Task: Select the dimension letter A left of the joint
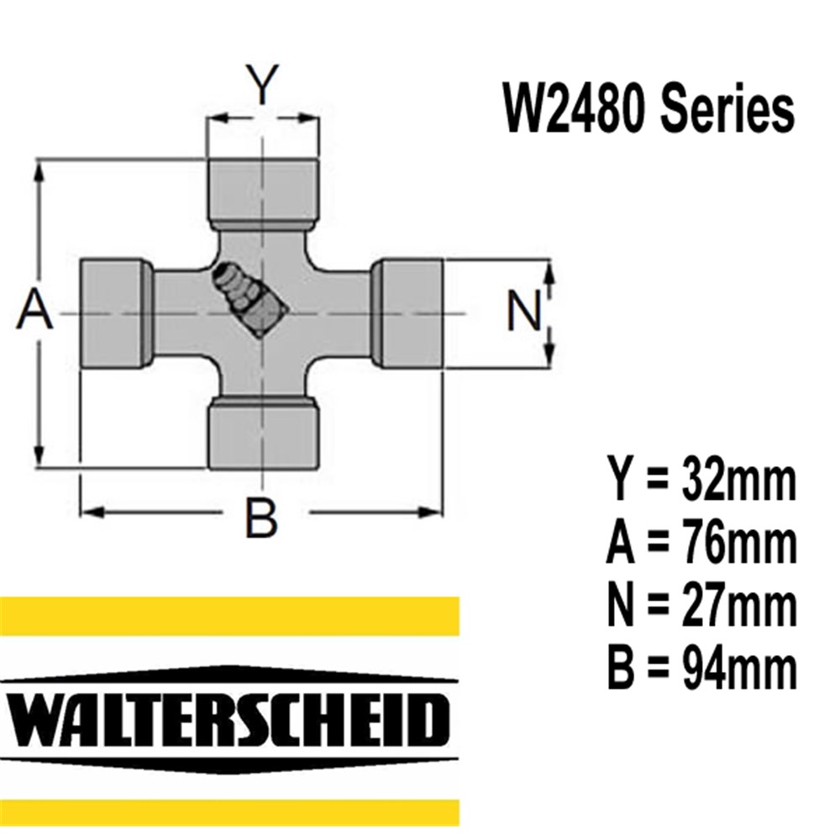coord(35,310)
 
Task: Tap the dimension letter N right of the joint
coord(525,313)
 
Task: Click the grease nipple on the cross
coord(249,299)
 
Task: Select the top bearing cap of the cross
coord(263,192)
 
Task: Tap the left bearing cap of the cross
coord(116,312)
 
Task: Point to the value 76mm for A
coord(740,544)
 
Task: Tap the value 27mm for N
coord(740,606)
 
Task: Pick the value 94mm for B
coord(740,669)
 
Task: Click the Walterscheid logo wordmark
coord(228,718)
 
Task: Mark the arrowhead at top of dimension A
coord(39,166)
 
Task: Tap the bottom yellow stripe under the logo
coord(228,812)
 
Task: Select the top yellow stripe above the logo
coord(228,615)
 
